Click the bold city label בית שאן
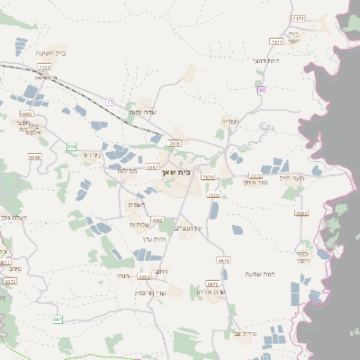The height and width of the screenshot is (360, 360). click(178, 170)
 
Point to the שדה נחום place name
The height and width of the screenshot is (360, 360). click(143, 112)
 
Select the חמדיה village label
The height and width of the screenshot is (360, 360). click(229, 121)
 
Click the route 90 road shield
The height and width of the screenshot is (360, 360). click(262, 89)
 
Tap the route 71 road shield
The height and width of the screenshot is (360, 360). click(111, 103)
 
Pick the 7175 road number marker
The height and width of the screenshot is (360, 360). click(299, 18)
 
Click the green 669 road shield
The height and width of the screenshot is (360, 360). click(71, 144)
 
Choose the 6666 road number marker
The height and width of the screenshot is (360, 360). click(35, 157)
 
